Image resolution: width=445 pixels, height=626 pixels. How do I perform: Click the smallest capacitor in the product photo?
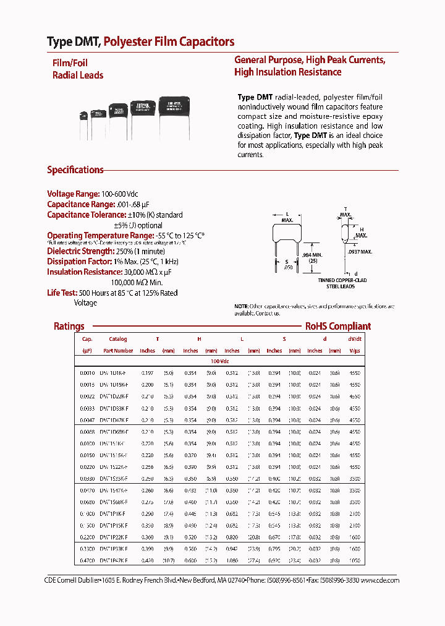pyautogui.click(x=83, y=115)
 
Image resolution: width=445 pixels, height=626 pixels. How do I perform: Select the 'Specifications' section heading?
pyautogui.click(x=75, y=170)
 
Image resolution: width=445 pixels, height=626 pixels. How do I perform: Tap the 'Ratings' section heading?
pyautogui.click(x=69, y=326)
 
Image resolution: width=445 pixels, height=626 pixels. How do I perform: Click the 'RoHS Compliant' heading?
pyautogui.click(x=337, y=326)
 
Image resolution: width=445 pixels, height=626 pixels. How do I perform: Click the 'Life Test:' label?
pyautogui.click(x=61, y=293)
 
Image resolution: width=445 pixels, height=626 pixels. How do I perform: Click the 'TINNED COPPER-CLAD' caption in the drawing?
pyautogui.click(x=344, y=280)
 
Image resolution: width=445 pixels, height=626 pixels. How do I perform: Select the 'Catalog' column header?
pyautogui.click(x=118, y=339)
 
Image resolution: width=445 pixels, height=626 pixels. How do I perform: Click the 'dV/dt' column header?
pyautogui.click(x=354, y=339)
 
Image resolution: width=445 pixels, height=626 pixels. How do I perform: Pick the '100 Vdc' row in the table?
pyautogui.click(x=219, y=361)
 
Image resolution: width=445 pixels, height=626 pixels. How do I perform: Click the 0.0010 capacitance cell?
pyautogui.click(x=87, y=373)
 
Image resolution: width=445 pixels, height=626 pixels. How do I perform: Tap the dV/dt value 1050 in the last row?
pyautogui.click(x=354, y=560)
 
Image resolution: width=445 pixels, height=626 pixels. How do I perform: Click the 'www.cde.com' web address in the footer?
pyautogui.click(x=380, y=580)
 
